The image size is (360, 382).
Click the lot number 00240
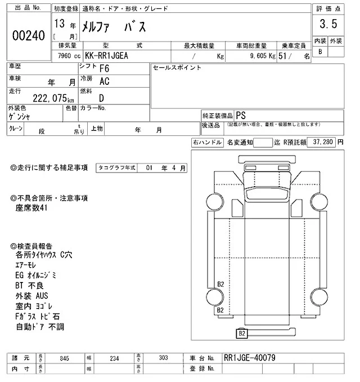point(28,35)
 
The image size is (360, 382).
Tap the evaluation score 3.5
point(328,24)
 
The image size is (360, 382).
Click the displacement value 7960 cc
point(69,56)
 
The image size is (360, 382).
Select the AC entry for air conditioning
point(104,81)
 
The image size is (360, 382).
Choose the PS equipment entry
point(240,113)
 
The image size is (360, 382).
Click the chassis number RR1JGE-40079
point(250,357)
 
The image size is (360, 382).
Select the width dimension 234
point(115,358)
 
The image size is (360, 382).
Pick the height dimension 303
point(164,358)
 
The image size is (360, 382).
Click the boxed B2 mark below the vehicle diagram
point(241,334)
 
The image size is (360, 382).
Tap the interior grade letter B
point(320,52)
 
